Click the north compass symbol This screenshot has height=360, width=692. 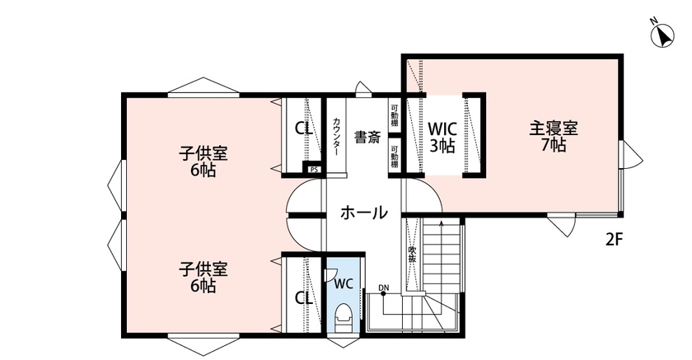coord(661,35)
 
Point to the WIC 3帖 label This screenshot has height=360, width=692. coord(442,138)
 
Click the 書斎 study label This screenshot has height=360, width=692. coord(367,138)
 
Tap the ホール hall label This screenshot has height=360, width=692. coord(363,213)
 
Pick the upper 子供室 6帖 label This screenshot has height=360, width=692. coord(204,161)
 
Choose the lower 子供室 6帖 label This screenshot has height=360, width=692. coord(204,278)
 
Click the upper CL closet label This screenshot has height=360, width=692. coord(303,129)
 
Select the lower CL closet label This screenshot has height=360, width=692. coord(303,297)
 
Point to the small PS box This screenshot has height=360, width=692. coord(314,170)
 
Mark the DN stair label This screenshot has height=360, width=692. coord(383,287)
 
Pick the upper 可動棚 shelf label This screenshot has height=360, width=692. coord(395,116)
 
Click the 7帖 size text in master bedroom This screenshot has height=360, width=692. coord(553,145)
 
